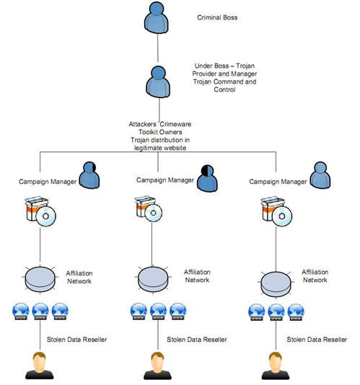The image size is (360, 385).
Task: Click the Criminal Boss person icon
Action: (x=157, y=17)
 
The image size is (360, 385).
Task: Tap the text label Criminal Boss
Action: (x=217, y=17)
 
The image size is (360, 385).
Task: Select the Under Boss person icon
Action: (x=158, y=81)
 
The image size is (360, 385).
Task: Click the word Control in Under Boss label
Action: (x=224, y=89)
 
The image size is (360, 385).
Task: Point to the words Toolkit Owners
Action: (x=160, y=132)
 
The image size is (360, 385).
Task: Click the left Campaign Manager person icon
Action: (x=89, y=174)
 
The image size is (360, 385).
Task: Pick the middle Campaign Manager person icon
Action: (x=207, y=178)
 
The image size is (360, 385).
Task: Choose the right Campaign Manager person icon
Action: (x=320, y=174)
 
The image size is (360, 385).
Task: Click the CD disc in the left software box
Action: (x=46, y=216)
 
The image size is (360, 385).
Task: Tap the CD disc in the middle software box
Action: (x=154, y=213)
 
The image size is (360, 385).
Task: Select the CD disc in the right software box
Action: (x=282, y=216)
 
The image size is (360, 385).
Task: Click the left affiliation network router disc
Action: (x=40, y=279)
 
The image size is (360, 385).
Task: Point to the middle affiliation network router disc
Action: (x=153, y=279)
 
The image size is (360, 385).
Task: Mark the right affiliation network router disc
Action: (x=276, y=284)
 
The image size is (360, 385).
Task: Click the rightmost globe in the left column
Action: (x=60, y=311)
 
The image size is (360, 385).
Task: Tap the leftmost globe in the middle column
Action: (x=139, y=311)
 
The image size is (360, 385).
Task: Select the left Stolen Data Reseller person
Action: (x=40, y=366)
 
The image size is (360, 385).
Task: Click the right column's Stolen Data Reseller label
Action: (x=317, y=340)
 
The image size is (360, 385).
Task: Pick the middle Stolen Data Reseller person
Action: (x=157, y=366)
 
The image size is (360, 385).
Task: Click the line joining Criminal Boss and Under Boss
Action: (x=157, y=48)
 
